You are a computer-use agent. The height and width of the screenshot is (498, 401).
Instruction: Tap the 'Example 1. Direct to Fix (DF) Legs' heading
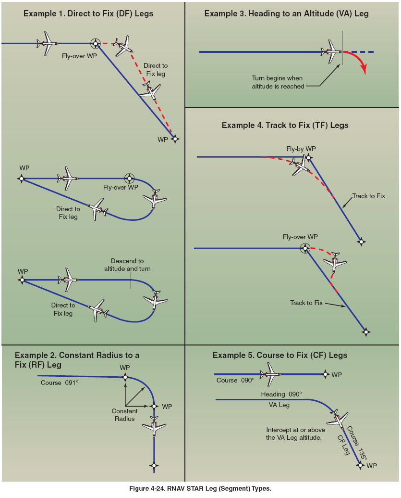point(88,13)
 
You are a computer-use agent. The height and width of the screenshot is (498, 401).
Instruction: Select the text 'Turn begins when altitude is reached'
point(278,82)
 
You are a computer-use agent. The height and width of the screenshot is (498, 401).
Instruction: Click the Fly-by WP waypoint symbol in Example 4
point(308,157)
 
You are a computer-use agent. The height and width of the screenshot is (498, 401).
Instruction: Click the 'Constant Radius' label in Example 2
point(124,415)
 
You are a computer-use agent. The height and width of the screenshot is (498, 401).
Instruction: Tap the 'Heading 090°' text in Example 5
point(281,394)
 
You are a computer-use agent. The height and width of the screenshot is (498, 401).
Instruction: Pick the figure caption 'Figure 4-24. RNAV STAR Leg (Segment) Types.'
point(200,488)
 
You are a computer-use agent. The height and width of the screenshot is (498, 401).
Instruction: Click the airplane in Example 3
point(331,51)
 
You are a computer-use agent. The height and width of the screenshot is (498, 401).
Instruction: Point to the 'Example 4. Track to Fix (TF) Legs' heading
point(285,125)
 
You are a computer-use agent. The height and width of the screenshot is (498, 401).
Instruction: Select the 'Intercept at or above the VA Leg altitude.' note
point(295,434)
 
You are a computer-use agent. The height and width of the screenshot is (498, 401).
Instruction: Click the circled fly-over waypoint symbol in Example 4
point(304,248)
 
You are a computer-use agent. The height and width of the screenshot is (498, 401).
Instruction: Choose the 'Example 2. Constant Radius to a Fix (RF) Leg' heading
point(77,360)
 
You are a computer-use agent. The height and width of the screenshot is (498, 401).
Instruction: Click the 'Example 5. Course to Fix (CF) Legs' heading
point(280,355)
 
